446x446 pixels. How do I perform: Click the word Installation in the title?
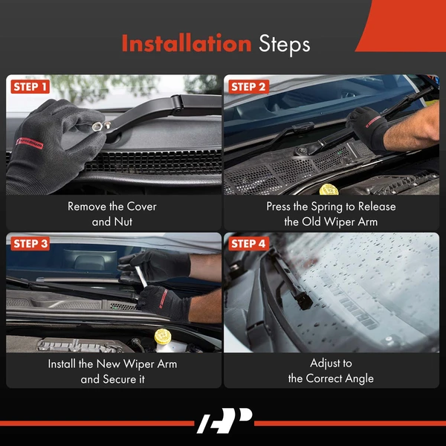[x=187, y=43]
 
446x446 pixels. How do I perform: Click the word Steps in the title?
[x=284, y=45]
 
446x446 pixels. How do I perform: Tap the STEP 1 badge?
[x=30, y=87]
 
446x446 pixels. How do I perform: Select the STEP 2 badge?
[x=248, y=87]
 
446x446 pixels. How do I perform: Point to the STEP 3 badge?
[x=30, y=244]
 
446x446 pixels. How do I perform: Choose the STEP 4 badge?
[x=248, y=244]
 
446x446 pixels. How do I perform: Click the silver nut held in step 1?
[x=97, y=126]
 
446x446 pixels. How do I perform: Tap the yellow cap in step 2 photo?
[x=329, y=190]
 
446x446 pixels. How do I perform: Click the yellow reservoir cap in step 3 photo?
[x=163, y=337]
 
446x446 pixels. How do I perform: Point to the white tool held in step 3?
[x=141, y=277]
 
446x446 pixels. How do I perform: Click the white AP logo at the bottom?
[x=224, y=421]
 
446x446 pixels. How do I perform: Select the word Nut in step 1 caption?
[x=123, y=222]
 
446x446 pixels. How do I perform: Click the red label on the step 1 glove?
[x=30, y=143]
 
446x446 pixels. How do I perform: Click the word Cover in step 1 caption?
[x=142, y=207]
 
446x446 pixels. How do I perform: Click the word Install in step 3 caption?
[x=62, y=363]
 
